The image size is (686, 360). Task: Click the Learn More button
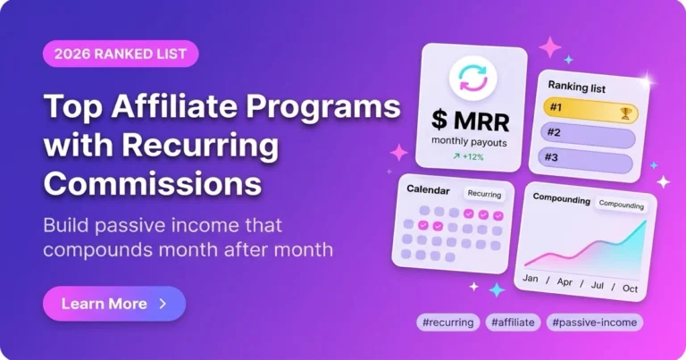(114, 304)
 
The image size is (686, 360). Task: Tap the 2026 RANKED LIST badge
(121, 54)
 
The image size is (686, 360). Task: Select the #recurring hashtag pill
(448, 322)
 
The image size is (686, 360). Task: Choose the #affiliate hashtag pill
(513, 322)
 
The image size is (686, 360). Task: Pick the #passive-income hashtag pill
(595, 322)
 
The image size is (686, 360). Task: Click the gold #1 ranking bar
(590, 111)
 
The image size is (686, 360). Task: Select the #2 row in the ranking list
(588, 137)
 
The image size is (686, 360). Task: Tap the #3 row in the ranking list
(585, 161)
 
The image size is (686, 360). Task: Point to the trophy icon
(625, 114)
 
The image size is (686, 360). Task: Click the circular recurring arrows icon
(473, 79)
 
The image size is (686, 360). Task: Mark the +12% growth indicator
(468, 156)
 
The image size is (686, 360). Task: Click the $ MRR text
(471, 121)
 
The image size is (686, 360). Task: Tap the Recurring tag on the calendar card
(484, 194)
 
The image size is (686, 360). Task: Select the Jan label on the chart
(531, 278)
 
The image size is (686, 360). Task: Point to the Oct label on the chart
(630, 289)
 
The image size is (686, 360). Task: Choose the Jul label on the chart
(598, 285)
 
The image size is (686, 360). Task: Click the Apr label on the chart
(565, 281)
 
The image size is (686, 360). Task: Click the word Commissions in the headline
(153, 183)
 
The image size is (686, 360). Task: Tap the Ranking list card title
(577, 86)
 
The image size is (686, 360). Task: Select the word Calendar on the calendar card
(428, 190)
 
